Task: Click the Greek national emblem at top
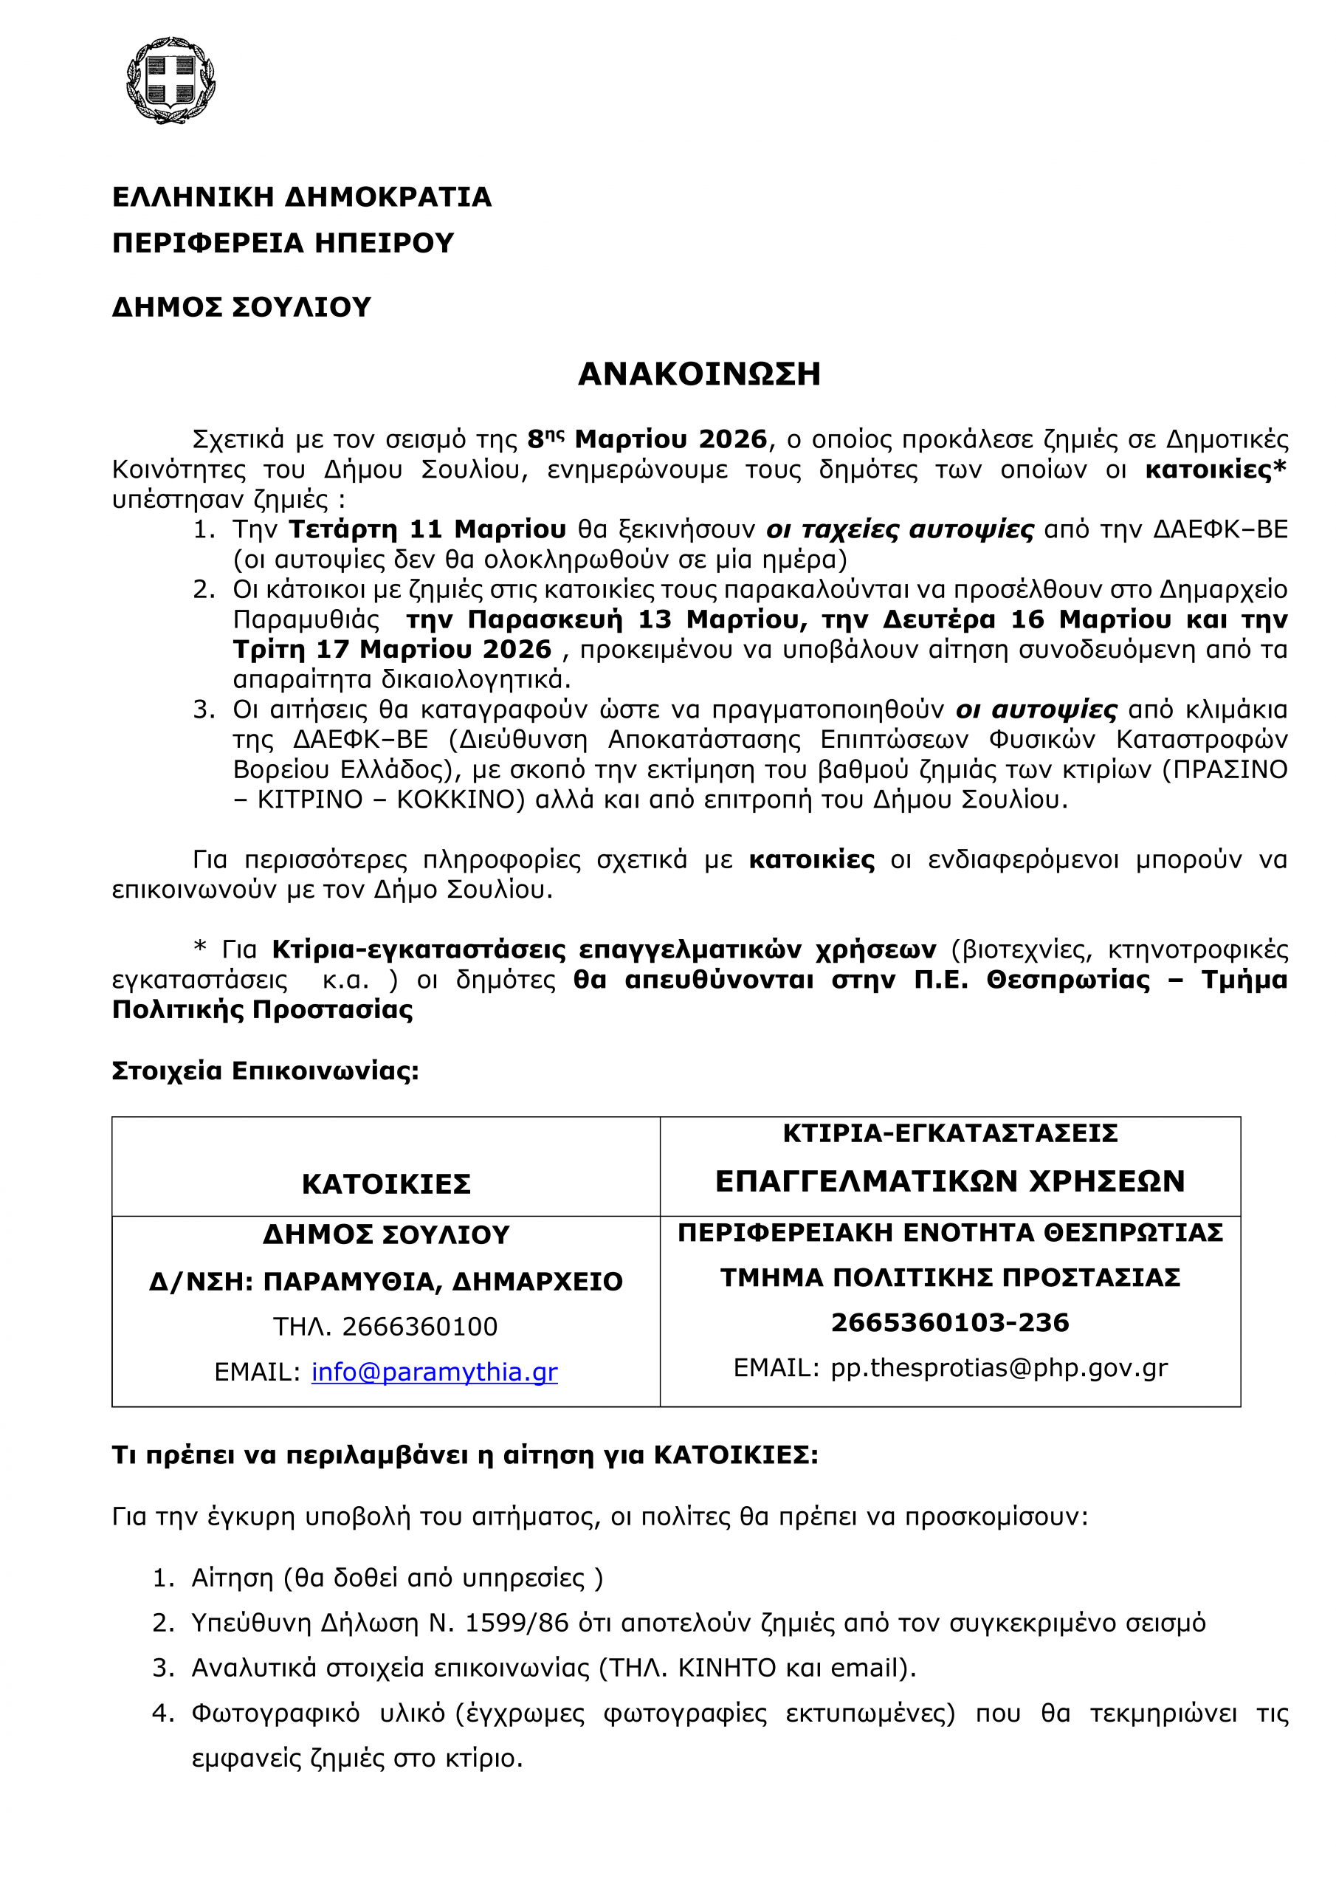click(171, 80)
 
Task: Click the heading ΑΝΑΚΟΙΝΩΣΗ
click(699, 374)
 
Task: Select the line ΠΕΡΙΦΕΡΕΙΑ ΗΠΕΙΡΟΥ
click(283, 243)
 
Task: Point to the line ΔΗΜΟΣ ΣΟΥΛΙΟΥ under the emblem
click(241, 307)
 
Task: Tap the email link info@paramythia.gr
click(434, 1372)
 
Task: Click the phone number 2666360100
click(420, 1327)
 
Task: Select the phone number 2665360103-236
click(950, 1323)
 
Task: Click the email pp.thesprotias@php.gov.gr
click(999, 1367)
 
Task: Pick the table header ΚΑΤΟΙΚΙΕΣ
click(386, 1183)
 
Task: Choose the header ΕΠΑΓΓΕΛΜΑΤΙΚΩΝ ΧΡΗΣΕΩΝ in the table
click(950, 1181)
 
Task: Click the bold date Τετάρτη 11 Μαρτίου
click(427, 529)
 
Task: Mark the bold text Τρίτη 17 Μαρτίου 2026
click(392, 650)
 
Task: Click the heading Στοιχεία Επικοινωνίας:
click(265, 1071)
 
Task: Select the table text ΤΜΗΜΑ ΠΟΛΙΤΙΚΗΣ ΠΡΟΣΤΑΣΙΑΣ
click(950, 1277)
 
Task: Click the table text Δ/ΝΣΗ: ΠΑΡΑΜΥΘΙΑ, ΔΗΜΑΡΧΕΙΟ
click(386, 1282)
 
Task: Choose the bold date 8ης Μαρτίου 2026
click(647, 439)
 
